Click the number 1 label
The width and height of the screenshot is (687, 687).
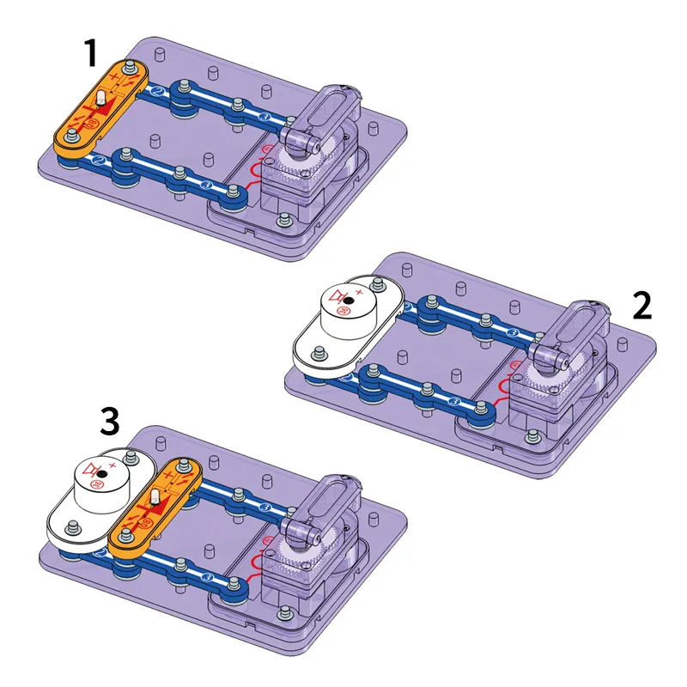pyautogui.click(x=90, y=53)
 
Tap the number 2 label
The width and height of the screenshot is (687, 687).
pyautogui.click(x=642, y=304)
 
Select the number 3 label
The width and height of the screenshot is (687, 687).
pyautogui.click(x=109, y=423)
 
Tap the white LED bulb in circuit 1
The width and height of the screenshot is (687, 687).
pyautogui.click(x=100, y=100)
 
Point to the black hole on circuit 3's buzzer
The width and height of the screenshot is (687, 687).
pyautogui.click(x=101, y=472)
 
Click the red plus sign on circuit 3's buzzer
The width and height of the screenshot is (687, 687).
pyautogui.click(x=113, y=465)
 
